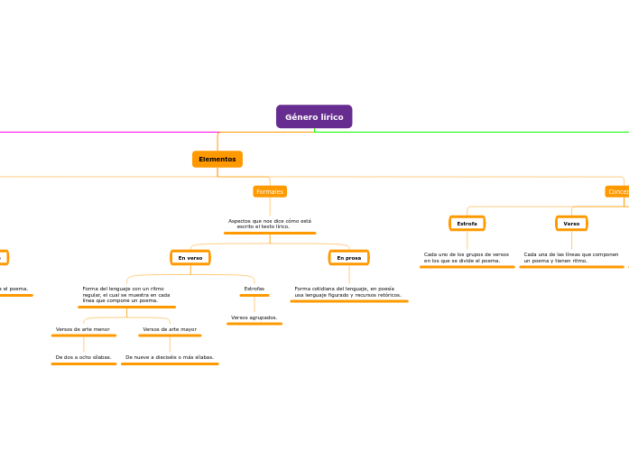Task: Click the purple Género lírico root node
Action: (x=314, y=116)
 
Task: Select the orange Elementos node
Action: (x=217, y=159)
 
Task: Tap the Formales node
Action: (x=270, y=191)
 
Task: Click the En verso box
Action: (x=190, y=258)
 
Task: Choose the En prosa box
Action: (x=349, y=258)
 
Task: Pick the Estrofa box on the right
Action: (x=467, y=223)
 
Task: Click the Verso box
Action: (x=571, y=223)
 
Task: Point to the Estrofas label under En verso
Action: (x=254, y=289)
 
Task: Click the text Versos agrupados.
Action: (x=254, y=317)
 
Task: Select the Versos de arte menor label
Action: (x=83, y=329)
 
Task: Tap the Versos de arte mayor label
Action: (x=170, y=329)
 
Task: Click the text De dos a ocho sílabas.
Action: (x=83, y=357)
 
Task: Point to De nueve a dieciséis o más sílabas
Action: (x=170, y=357)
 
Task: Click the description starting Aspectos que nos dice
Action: (x=270, y=224)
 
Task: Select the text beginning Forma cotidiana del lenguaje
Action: (x=347, y=291)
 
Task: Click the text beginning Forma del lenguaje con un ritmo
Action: (x=126, y=294)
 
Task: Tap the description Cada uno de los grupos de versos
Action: (x=467, y=257)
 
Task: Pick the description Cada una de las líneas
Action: (x=571, y=257)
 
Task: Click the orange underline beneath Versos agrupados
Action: (x=254, y=324)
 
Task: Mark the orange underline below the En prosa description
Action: (x=349, y=301)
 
